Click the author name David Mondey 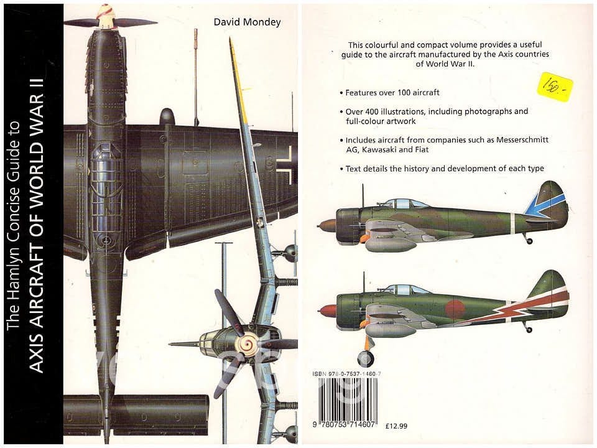tap(247, 22)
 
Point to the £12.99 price tap(397, 426)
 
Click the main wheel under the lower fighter tap(366, 358)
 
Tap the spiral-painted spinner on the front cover tap(249, 343)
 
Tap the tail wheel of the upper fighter tap(529, 240)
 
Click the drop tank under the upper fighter tap(391, 244)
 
